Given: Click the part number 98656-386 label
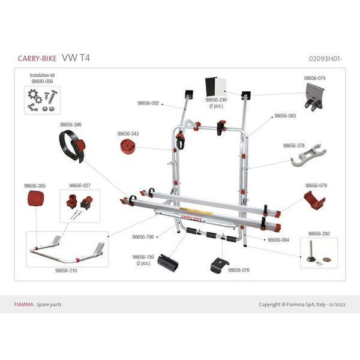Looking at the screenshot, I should click(70, 124).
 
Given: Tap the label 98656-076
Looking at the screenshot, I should click(238, 270).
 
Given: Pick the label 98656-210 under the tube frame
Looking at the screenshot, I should click(66, 271).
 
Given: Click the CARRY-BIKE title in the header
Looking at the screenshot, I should click(37, 58).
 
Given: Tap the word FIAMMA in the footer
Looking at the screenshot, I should click(23, 304).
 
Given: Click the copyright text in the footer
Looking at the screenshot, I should click(302, 304).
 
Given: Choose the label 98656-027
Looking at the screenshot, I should click(80, 185).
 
